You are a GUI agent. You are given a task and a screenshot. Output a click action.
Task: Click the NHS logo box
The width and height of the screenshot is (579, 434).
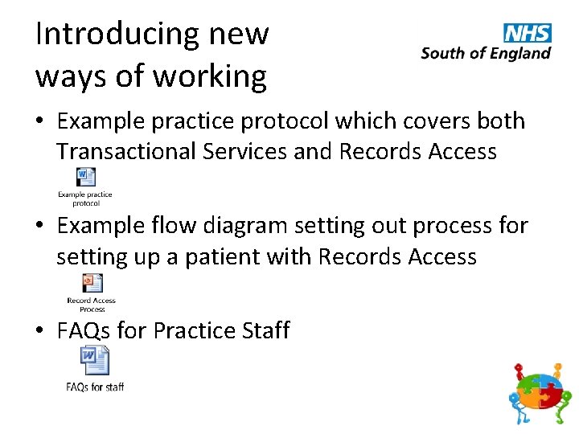pyautogui.click(x=528, y=33)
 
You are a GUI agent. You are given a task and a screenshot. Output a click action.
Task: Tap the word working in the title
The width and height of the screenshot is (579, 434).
pyautogui.click(x=210, y=76)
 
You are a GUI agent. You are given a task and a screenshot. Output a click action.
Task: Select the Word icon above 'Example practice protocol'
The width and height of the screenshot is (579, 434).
pyautogui.click(x=85, y=178)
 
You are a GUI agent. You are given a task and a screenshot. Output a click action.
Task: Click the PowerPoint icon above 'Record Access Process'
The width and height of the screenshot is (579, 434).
pyautogui.click(x=92, y=284)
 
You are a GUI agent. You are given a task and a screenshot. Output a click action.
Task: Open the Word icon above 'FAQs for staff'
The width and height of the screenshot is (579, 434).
pyautogui.click(x=94, y=360)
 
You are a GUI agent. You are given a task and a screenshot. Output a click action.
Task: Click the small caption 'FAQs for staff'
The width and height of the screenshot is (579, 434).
pyautogui.click(x=95, y=387)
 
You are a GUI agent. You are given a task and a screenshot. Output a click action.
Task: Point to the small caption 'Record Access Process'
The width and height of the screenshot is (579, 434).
pyautogui.click(x=92, y=305)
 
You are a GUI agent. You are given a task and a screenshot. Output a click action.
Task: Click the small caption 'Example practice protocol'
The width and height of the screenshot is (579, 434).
pyautogui.click(x=85, y=199)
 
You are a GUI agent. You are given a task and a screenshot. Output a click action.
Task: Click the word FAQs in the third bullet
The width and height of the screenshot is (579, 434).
pyautogui.click(x=84, y=330)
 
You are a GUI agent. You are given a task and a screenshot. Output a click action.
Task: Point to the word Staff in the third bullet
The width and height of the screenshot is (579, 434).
pyautogui.click(x=262, y=330)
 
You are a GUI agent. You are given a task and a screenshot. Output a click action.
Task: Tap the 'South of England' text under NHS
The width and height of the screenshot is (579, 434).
pyautogui.click(x=486, y=54)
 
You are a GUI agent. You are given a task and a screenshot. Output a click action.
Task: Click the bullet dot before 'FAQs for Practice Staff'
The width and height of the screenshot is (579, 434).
pyautogui.click(x=40, y=331)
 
